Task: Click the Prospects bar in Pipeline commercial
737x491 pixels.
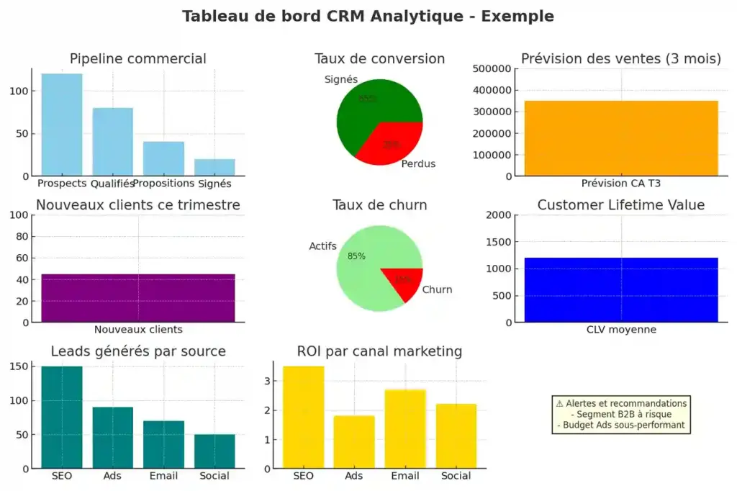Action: (61, 125)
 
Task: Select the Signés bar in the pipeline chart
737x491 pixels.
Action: (215, 167)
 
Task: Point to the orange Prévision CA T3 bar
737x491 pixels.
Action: (621, 138)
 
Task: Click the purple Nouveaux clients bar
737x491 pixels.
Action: (138, 298)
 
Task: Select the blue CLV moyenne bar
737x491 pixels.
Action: (621, 289)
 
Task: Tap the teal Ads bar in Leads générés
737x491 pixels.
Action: (112, 438)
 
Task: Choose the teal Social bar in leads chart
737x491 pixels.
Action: (214, 451)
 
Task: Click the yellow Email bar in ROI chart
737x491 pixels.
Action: (404, 429)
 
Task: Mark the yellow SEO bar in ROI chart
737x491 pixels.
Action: (303, 418)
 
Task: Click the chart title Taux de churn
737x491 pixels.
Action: (379, 205)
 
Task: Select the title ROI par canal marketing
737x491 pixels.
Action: (379, 351)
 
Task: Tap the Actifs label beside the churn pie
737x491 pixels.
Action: (323, 247)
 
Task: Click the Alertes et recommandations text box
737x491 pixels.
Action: (621, 414)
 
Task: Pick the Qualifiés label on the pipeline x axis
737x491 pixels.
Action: (112, 183)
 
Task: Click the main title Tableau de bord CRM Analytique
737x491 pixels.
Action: (368, 16)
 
